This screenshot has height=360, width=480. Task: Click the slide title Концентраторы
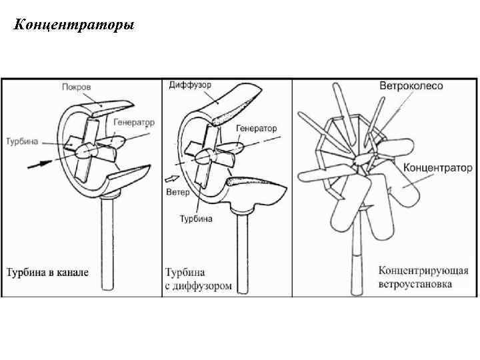(x=73, y=26)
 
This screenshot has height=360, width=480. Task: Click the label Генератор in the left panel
(x=133, y=123)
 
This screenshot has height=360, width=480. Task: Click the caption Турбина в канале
(x=47, y=273)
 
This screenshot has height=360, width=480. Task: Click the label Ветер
(x=178, y=192)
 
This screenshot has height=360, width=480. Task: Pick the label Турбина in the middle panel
(x=195, y=219)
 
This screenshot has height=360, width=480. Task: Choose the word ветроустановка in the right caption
(x=415, y=284)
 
